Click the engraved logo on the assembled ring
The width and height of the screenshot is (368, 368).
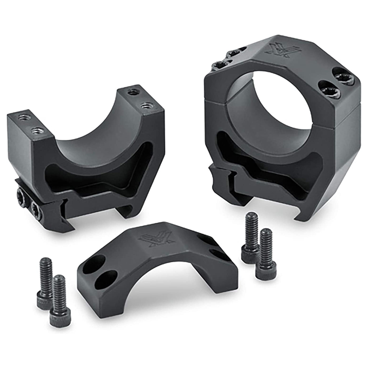(x=279, y=50)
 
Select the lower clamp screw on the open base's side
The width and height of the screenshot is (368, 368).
(x=35, y=210)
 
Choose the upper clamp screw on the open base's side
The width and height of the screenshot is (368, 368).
(x=23, y=196)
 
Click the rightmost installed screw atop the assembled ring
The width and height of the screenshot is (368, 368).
(x=343, y=76)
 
